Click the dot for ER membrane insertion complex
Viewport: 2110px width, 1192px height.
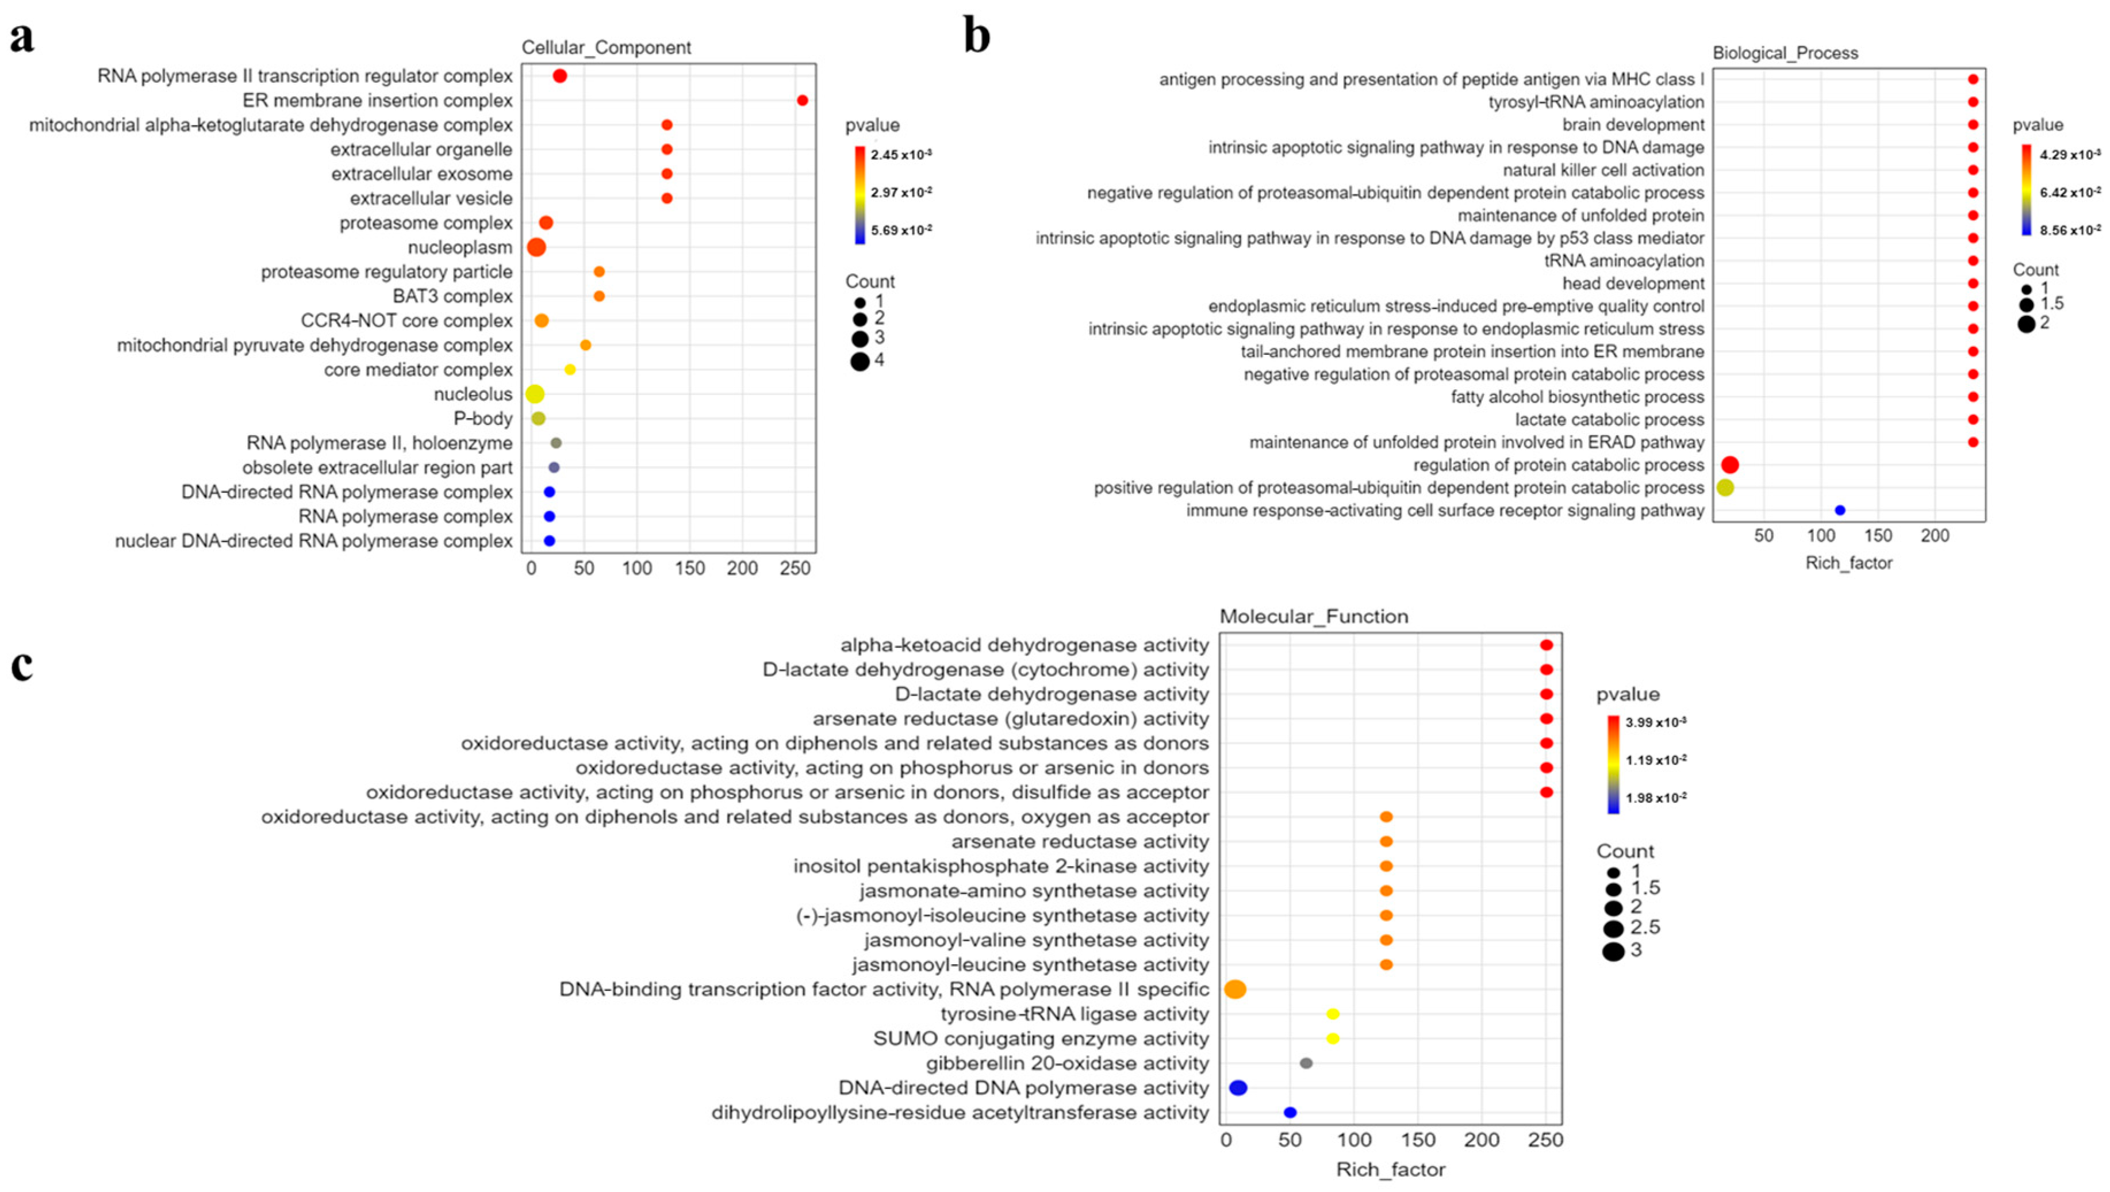(802, 101)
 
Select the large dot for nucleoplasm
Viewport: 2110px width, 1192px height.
(536, 247)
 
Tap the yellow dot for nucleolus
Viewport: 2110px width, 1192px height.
(534, 394)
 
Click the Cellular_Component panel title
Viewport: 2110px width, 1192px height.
(606, 48)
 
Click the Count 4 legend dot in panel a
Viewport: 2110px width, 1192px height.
(859, 361)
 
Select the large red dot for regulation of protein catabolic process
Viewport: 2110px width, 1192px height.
(1730, 465)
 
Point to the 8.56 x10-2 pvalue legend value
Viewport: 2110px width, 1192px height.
(2070, 230)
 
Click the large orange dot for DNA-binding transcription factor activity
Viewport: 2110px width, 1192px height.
(1235, 990)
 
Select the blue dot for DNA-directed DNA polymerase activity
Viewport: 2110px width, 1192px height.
(1238, 1088)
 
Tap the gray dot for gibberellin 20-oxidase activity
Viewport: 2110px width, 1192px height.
(1306, 1063)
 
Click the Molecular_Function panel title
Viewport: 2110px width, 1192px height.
(1313, 616)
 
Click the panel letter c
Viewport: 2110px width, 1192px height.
(22, 665)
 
